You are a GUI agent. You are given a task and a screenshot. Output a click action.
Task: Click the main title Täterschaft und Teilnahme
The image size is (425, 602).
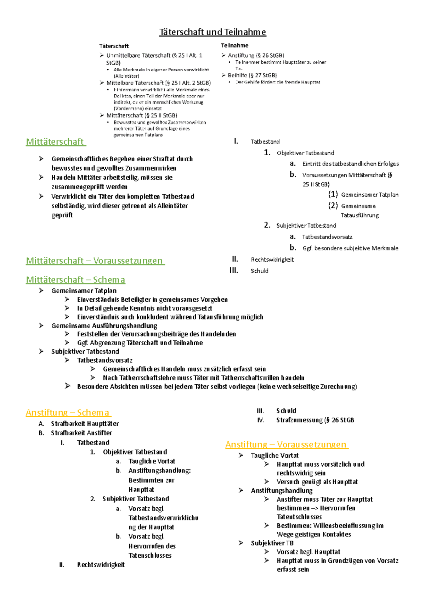pos(212,32)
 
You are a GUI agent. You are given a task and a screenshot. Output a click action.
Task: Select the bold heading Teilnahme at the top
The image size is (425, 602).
pos(234,45)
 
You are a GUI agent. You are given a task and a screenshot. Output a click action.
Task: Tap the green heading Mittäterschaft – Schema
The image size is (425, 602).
pos(75,280)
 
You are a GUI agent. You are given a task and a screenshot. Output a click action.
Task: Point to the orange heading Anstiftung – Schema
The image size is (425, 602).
pos(68,413)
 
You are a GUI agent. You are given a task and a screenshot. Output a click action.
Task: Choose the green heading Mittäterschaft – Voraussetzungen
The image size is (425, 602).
pos(95,261)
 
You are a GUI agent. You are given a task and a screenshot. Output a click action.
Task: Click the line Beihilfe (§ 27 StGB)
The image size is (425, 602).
pos(252,75)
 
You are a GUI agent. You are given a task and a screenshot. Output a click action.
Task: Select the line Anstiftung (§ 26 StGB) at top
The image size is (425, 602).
pos(256,55)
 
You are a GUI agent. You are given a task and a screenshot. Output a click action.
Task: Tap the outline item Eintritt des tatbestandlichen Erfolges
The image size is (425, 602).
pos(350,164)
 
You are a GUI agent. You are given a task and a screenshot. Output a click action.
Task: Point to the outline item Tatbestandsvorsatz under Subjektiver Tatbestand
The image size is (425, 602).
pos(327,237)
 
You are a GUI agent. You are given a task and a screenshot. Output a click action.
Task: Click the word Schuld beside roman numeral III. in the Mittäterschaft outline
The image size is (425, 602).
pos(259,271)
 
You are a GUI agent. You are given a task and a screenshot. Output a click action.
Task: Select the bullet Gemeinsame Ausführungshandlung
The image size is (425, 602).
pos(104,325)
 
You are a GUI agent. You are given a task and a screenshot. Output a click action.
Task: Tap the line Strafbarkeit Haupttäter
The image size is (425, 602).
pos(85,423)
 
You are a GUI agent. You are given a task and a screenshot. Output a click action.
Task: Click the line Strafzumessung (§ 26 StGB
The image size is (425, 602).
pos(315,420)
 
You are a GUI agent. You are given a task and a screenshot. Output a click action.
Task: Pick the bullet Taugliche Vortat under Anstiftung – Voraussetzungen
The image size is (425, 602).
pos(274,455)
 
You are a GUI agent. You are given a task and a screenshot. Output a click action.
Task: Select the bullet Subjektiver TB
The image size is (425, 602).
pos(272,543)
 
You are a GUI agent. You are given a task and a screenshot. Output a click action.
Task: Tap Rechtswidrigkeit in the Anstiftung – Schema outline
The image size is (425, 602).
pos(101,565)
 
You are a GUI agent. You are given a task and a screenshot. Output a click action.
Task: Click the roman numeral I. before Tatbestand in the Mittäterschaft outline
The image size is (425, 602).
pos(236,141)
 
